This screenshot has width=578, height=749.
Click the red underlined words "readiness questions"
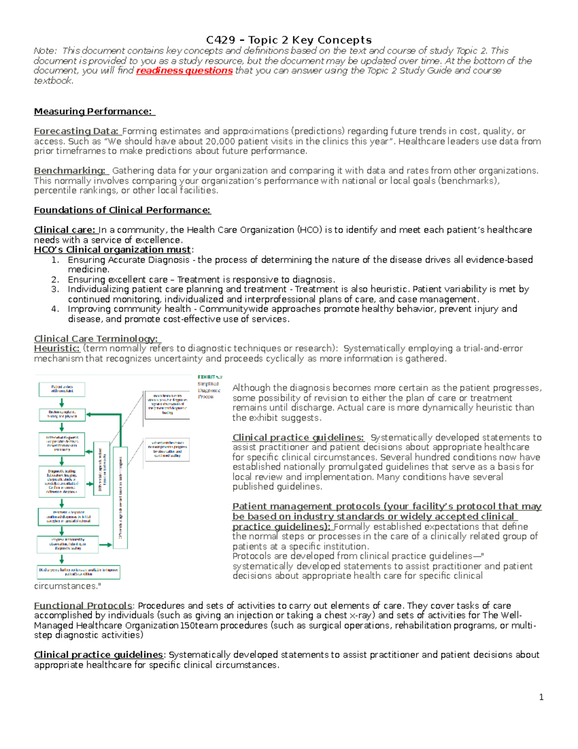[184, 71]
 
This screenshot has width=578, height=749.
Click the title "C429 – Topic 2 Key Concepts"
[289, 40]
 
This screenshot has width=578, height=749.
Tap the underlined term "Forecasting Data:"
[76, 131]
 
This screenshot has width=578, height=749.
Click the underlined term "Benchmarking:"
[69, 171]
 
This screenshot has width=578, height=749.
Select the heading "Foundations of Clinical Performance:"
[122, 210]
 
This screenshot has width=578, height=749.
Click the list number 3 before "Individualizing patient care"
[55, 289]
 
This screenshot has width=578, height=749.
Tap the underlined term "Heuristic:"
[56, 348]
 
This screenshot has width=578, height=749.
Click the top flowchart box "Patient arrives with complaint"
[62, 389]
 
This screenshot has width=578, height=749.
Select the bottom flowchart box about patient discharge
[79, 572]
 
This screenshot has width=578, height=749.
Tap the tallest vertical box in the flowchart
[120, 497]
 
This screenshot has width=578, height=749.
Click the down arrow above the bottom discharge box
[62, 559]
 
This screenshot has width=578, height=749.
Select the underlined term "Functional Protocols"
[83, 606]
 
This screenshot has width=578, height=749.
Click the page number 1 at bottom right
[541, 697]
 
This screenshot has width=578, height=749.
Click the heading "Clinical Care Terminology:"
[96, 339]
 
